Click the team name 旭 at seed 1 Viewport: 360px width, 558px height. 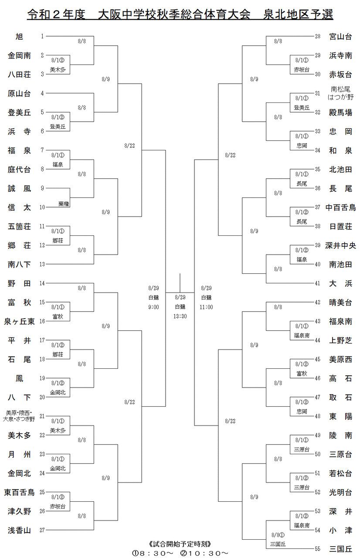19,37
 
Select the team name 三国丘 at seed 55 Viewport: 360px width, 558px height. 340,549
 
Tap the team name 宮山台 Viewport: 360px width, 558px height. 340,37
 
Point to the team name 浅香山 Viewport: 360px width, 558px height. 19,531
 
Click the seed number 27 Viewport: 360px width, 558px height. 42,531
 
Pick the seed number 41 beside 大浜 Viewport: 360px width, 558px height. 318,283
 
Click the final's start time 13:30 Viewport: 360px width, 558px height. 180,316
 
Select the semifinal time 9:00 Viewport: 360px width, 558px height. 153,307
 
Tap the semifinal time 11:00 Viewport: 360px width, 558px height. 206,307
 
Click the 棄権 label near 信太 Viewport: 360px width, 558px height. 63,204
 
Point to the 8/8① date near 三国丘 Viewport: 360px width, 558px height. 277,535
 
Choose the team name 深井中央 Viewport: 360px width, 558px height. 340,245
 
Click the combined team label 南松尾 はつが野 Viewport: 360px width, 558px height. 340,92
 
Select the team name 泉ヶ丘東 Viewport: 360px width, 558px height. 19,322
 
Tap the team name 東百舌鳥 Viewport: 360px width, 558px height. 19,493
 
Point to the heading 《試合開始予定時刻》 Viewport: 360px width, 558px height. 180,544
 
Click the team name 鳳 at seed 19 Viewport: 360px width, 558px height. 19,378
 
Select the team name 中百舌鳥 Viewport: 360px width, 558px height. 340,208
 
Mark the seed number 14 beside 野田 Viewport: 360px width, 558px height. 42,283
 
